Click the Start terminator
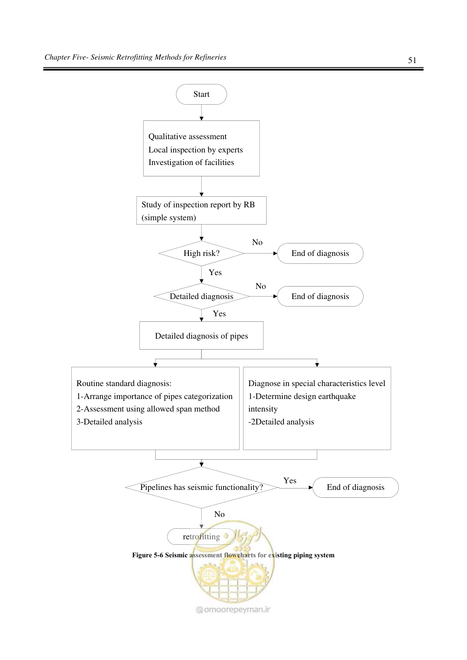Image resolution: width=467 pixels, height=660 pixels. coord(202,94)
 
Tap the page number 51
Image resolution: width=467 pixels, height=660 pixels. coord(412,60)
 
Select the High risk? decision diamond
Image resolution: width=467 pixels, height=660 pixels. coord(202,254)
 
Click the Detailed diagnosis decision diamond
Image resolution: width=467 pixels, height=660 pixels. coord(202,296)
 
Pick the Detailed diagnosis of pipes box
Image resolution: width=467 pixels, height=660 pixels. coord(202,335)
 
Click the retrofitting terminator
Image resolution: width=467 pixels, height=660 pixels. coord(202,537)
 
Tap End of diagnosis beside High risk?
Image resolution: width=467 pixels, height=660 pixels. coord(320,254)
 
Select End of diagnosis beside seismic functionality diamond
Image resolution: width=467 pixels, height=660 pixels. coord(356,488)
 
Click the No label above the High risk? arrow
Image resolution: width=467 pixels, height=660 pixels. coord(257,242)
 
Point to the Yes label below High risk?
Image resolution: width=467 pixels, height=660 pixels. coord(215,272)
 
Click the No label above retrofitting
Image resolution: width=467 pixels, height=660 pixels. coord(219,514)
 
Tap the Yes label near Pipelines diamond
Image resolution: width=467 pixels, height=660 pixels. coord(290,480)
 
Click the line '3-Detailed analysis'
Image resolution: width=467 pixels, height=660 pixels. coord(109,422)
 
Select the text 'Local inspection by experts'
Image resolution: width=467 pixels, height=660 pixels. coord(196,150)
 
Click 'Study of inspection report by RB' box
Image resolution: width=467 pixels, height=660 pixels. coord(202,211)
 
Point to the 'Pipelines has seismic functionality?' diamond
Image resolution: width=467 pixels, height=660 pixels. coord(202,488)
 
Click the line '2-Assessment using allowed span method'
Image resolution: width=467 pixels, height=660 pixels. coord(148,409)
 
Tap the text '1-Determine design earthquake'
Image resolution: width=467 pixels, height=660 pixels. coord(302,396)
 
